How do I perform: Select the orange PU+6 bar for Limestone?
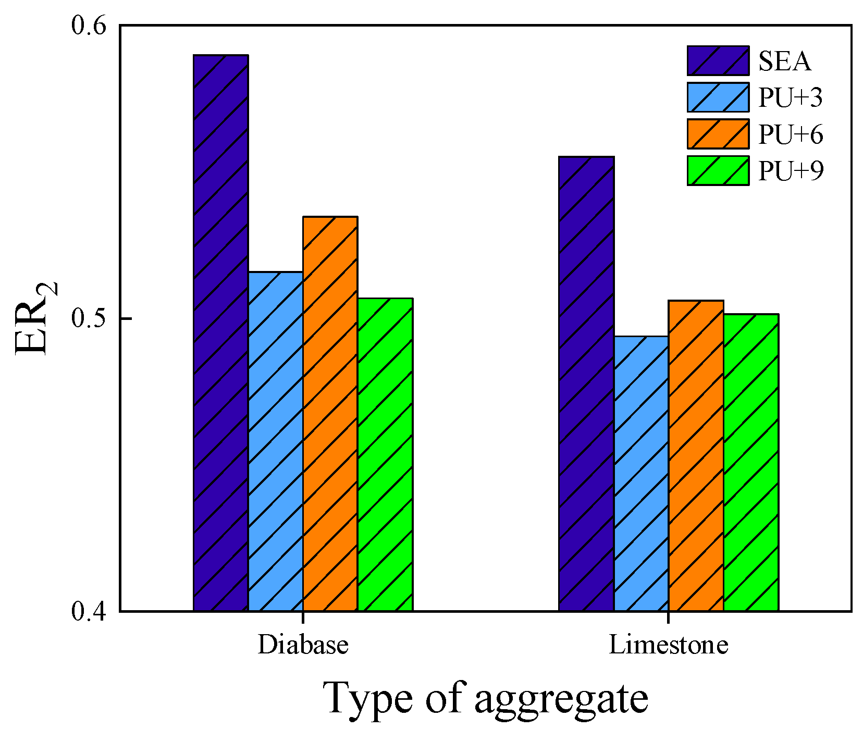click(696, 455)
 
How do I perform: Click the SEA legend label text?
click(785, 61)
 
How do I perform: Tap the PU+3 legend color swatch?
click(718, 97)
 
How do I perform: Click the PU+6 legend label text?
click(791, 134)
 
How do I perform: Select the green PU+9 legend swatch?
click(718, 171)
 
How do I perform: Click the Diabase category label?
click(303, 645)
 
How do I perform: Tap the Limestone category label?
click(669, 645)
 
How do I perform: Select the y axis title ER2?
click(34, 319)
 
